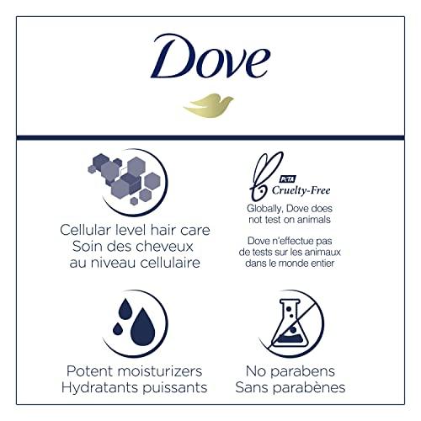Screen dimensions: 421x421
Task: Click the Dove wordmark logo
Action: pos(211,61)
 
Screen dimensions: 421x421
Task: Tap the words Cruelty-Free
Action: pos(309,190)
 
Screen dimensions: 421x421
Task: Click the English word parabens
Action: pos(312,371)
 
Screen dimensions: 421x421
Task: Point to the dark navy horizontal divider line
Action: pos(210,137)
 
